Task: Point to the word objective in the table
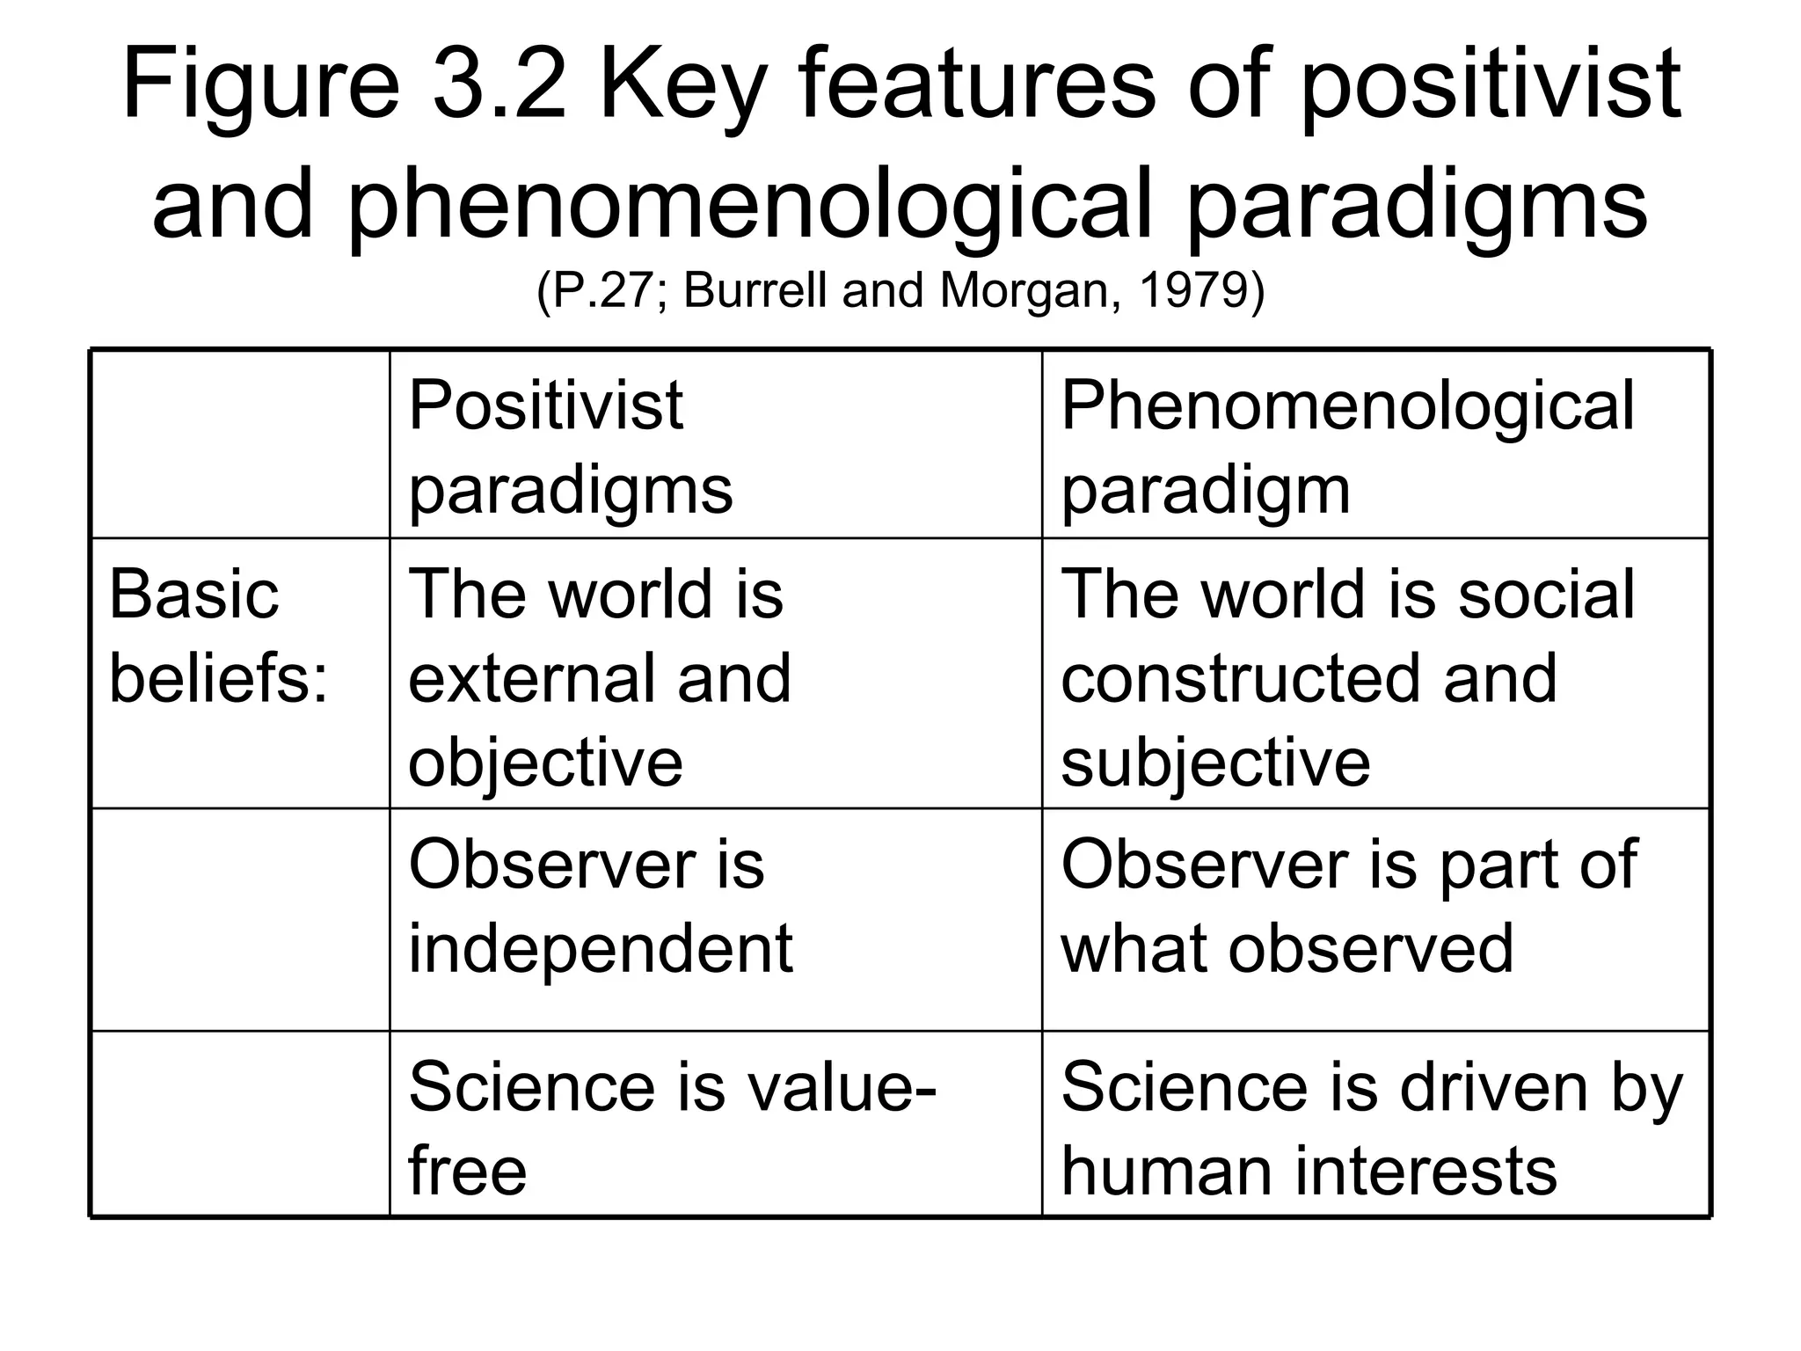(545, 763)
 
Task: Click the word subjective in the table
(1215, 763)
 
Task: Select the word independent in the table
(601, 948)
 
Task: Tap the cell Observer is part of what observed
(1348, 906)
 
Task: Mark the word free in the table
(467, 1171)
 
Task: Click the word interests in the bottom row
(1425, 1171)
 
